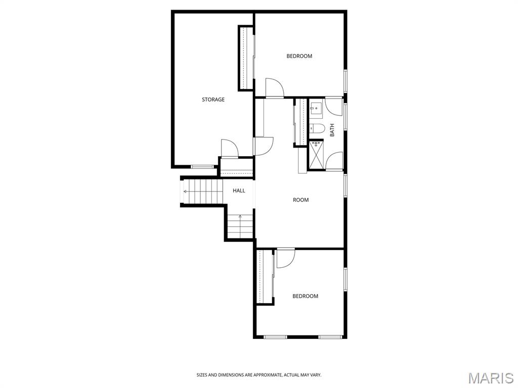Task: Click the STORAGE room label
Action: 213,100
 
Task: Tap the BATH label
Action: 332,130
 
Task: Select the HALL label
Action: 239,190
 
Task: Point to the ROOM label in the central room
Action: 300,200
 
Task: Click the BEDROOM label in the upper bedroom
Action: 299,56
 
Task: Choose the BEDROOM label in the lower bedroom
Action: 305,296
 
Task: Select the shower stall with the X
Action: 316,155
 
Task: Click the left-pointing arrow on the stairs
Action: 186,191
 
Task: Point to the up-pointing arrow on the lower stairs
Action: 240,217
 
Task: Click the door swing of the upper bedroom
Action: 274,87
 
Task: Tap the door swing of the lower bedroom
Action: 285,258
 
